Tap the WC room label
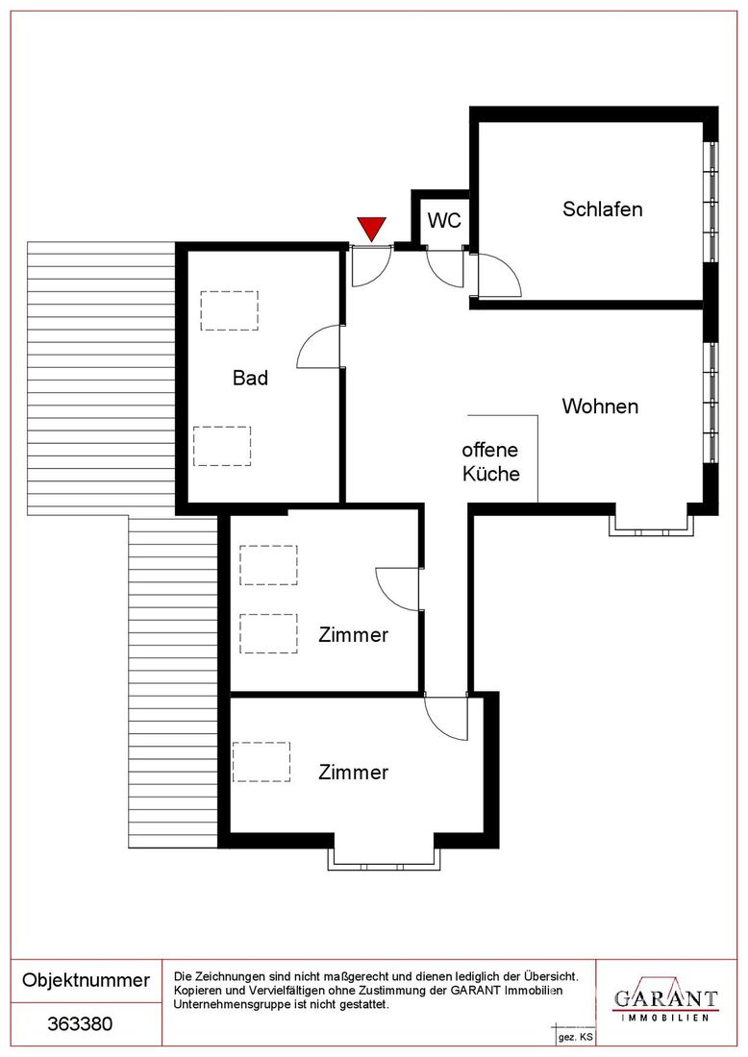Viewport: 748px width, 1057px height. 444,220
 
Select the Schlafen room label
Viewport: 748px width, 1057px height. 602,209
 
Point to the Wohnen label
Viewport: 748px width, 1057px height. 600,406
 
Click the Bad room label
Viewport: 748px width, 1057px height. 250,378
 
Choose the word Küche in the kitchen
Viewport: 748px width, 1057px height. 491,473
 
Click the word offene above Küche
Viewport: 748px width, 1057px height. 490,450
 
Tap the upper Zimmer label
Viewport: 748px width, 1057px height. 354,635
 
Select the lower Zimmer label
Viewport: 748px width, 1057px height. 354,773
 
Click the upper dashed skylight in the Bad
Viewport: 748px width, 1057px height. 230,310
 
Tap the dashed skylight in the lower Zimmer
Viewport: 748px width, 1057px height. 262,762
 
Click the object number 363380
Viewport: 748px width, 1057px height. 80,1024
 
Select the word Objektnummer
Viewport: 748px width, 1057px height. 87,980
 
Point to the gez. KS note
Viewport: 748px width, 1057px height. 576,1037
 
